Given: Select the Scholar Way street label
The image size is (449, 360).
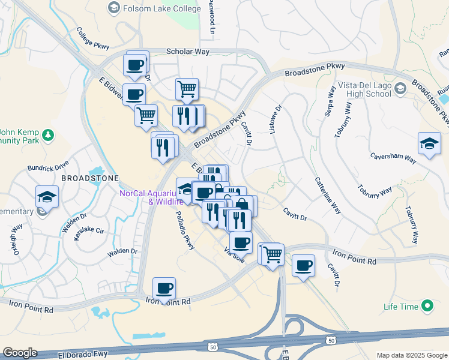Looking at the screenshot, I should point(188,52).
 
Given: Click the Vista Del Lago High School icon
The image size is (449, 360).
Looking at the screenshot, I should point(402,88).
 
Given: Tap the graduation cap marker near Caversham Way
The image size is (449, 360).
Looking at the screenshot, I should point(429,143).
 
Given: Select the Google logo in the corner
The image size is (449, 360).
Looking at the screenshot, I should point(20,353).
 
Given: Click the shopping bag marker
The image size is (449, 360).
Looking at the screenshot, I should point(243,205).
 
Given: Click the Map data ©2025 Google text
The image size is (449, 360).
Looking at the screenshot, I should point(411,355).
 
